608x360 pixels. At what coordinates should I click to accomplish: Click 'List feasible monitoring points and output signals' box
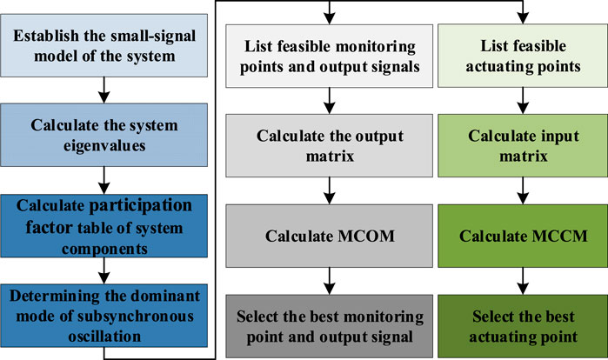(x=328, y=56)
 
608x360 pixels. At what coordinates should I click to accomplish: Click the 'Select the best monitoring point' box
(x=328, y=326)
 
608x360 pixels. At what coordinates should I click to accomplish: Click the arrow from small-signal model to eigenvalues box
(x=104, y=89)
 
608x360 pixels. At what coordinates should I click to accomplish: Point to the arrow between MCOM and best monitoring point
(x=328, y=281)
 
